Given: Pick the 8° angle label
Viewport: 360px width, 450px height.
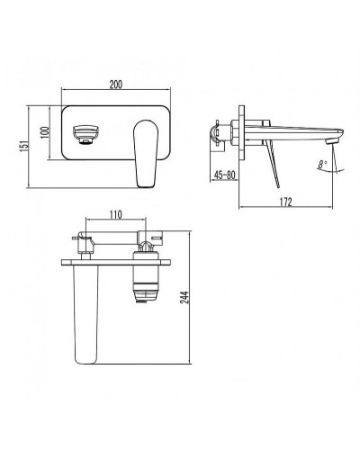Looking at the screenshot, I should point(323,165).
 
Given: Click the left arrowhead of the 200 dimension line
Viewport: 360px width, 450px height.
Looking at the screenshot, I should point(61,90).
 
